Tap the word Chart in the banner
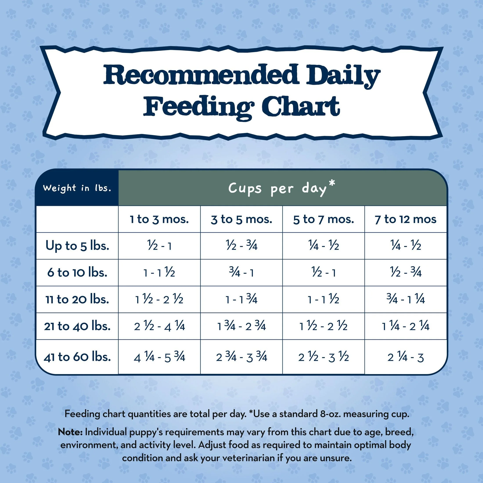(301, 107)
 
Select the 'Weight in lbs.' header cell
(77, 188)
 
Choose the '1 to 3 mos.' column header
(159, 219)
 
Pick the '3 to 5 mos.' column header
(241, 219)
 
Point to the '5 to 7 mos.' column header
(323, 219)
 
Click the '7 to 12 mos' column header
(406, 219)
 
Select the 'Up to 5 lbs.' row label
(77, 246)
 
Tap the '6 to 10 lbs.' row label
(77, 272)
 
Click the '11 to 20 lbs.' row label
(77, 299)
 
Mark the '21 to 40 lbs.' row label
(77, 326)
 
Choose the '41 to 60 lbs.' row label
(77, 357)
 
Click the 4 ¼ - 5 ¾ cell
(159, 357)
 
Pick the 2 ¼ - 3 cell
(406, 357)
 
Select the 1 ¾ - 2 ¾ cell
(241, 326)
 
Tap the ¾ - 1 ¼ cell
(406, 299)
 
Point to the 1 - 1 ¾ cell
(241, 299)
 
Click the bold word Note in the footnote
(70, 432)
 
